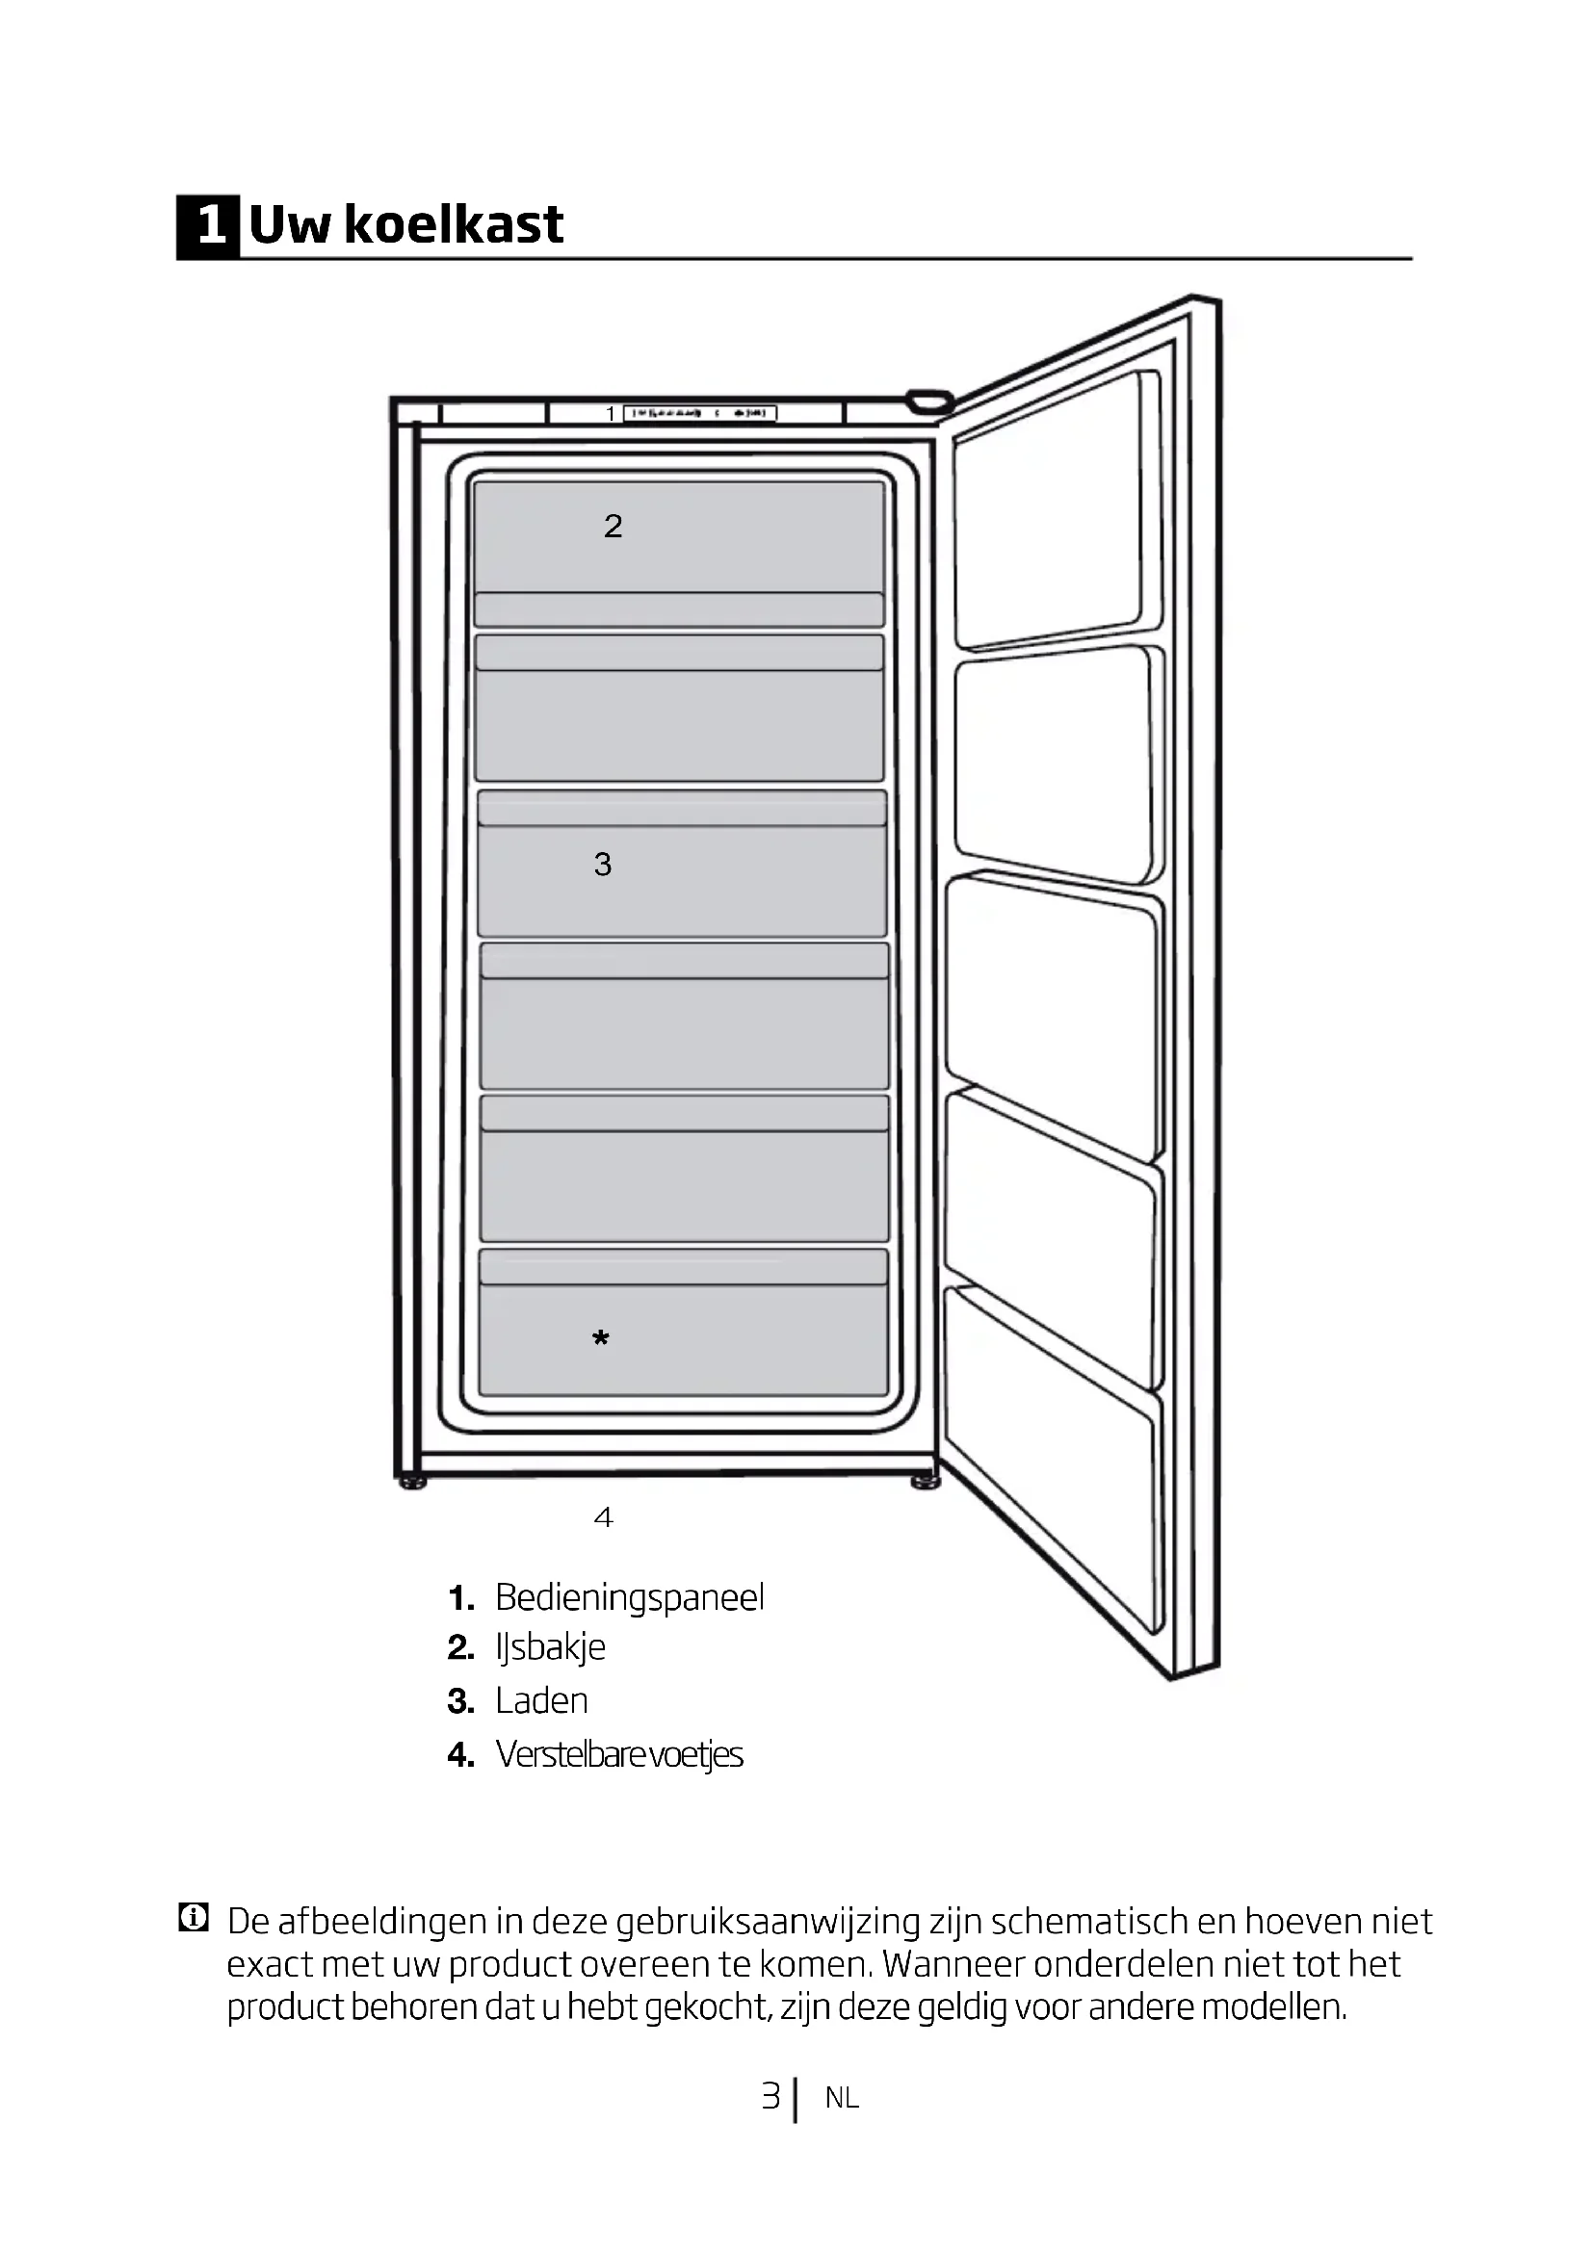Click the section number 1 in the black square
(x=208, y=226)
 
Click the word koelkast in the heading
(x=455, y=224)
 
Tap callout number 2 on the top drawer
(x=614, y=527)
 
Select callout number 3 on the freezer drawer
(x=602, y=864)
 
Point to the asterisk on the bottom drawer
(x=601, y=1339)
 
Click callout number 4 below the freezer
(x=603, y=1518)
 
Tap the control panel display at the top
(x=699, y=414)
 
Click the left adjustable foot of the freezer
(x=413, y=1483)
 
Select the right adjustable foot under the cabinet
(x=925, y=1482)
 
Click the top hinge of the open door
(x=928, y=401)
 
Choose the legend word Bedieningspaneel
(x=629, y=1598)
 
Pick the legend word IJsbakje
(x=550, y=1646)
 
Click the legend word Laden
(x=541, y=1700)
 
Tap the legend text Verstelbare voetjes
(x=619, y=1753)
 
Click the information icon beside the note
(x=194, y=1918)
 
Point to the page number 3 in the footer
(x=771, y=2096)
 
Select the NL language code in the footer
(x=842, y=2098)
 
